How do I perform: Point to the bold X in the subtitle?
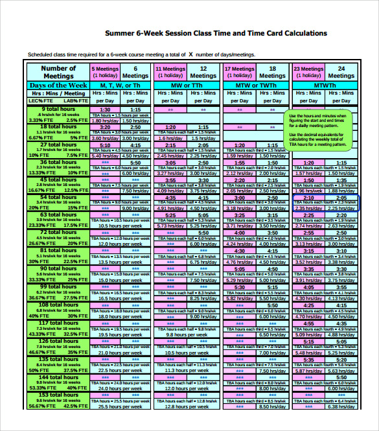click(x=190, y=54)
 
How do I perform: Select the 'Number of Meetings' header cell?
click(x=58, y=71)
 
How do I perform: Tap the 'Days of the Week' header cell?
click(x=58, y=85)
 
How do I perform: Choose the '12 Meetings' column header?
click(x=203, y=71)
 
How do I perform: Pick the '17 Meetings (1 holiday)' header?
click(x=239, y=71)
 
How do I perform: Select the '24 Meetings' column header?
click(x=341, y=71)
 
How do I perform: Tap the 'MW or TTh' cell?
click(x=187, y=85)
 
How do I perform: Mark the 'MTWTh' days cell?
click(x=325, y=85)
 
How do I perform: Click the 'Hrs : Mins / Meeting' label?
click(x=58, y=93)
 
